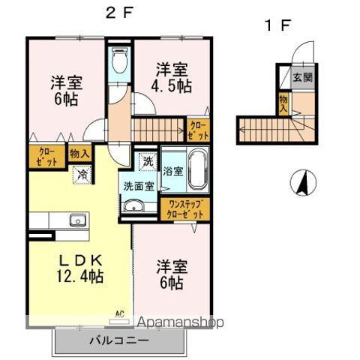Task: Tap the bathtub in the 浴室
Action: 198,170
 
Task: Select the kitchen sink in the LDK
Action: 77,220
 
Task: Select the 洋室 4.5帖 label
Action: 172,78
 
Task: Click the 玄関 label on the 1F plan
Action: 303,77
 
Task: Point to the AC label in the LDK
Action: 118,313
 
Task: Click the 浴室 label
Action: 172,170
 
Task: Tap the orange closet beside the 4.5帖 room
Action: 199,130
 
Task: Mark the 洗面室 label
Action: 138,187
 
